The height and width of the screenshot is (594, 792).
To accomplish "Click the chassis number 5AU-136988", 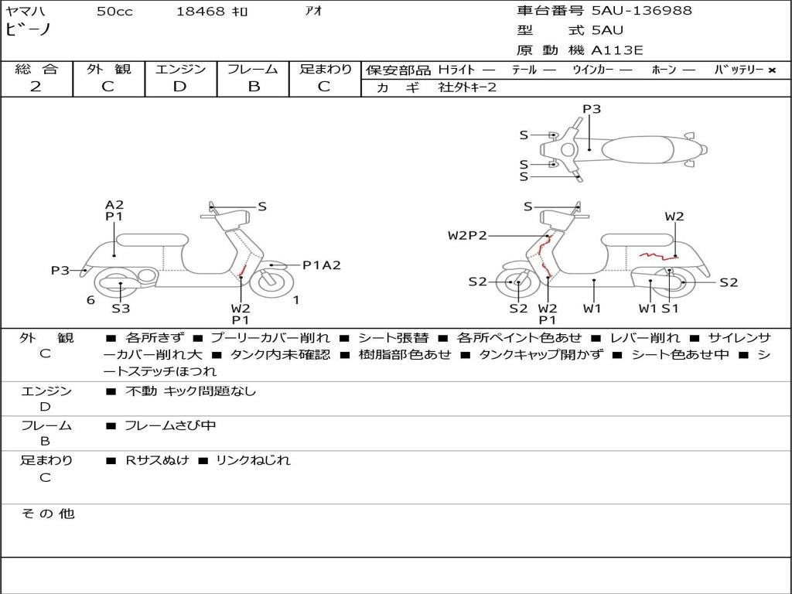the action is [641, 10].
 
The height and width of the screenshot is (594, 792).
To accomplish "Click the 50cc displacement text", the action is [114, 11].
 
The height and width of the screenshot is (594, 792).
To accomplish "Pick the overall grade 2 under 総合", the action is [36, 87].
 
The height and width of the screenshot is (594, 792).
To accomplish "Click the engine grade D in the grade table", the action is [179, 87].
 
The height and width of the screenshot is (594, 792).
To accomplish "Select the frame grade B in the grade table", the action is [254, 87].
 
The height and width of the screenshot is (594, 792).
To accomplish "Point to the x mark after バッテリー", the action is [772, 70].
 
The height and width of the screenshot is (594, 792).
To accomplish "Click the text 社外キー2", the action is [467, 87].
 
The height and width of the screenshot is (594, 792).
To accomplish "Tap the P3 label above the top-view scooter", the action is [592, 108].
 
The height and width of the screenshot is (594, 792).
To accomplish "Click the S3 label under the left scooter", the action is [121, 308].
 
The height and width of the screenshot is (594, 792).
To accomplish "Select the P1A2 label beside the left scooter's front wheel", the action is [321, 265].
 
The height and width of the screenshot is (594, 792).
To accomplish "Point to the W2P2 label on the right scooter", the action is [467, 235].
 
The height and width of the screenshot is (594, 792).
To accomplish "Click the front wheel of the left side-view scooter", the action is [271, 282].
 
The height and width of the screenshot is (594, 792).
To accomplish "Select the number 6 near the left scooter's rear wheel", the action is [90, 300].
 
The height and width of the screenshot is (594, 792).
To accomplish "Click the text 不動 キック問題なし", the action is [190, 391].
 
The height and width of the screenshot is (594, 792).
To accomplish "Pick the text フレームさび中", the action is [170, 426].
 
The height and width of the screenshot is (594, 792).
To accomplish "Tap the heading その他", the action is [47, 514].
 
